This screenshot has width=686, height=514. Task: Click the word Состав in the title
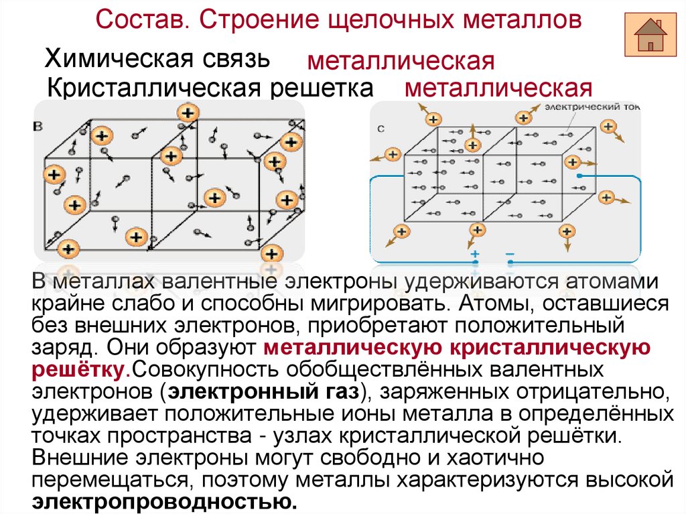coord(139,19)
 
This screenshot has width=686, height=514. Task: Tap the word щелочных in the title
coord(391,19)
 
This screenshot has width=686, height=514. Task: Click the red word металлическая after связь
coord(401,62)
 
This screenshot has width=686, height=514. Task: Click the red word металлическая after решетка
coord(498,89)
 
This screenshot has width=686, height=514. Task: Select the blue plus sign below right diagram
coord(475,254)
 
